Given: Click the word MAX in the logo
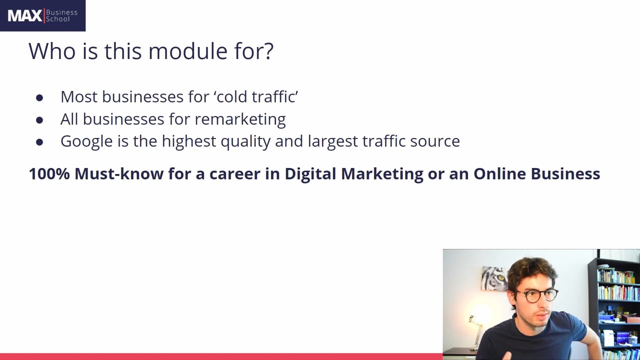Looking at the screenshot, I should coord(24,16).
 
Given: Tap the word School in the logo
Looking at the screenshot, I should coord(58,19).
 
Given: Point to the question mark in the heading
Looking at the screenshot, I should coord(268,51).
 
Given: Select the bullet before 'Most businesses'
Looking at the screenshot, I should coord(39,97).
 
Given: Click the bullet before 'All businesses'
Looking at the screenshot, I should coord(39,120).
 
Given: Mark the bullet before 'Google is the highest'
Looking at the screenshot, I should coord(39,142).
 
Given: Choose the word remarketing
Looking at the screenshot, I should coord(240,119).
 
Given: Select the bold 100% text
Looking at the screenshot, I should coord(49,173).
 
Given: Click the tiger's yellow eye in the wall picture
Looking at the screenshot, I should coord(493,274).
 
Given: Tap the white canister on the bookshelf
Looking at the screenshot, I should coord(608,337).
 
